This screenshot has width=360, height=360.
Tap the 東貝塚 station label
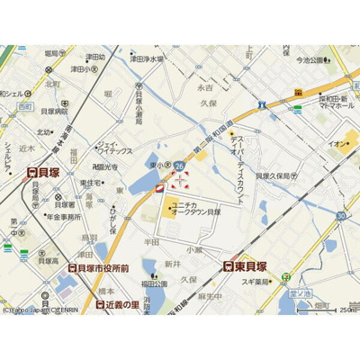(250, 265)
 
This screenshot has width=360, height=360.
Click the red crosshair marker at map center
(179, 179)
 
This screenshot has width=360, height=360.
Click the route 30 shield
(341, 216)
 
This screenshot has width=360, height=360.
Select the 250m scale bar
(339, 310)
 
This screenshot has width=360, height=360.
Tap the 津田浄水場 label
(147, 59)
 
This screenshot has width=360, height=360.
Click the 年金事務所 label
(65, 217)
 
